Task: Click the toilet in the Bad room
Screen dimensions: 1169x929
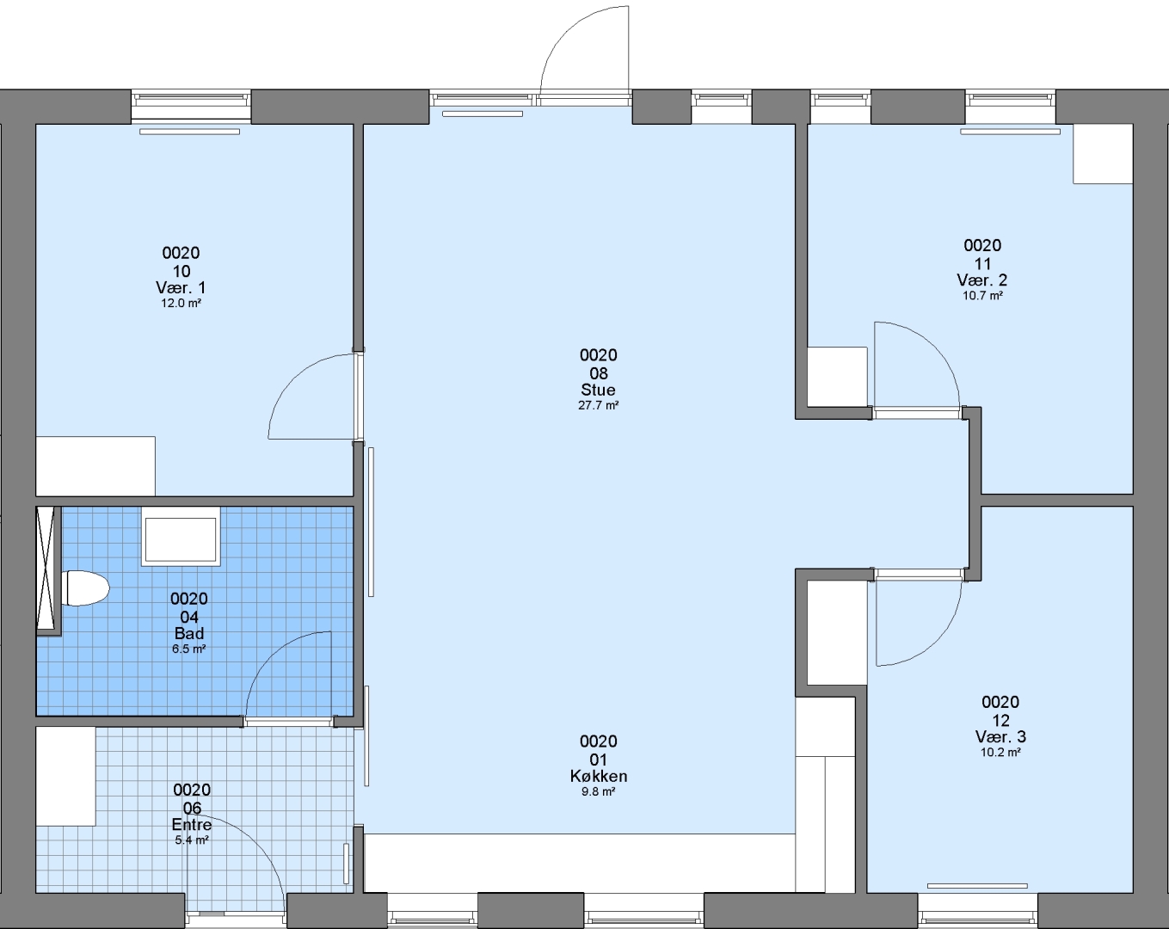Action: (86, 588)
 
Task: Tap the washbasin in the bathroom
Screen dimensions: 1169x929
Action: (181, 537)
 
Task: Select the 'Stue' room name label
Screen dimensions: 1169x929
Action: (598, 390)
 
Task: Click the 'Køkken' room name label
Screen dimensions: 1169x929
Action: (599, 777)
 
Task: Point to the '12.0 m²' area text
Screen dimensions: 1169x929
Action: (181, 303)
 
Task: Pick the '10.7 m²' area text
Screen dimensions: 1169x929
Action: (982, 296)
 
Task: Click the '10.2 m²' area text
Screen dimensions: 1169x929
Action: (1000, 753)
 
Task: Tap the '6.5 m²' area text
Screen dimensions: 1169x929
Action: (189, 649)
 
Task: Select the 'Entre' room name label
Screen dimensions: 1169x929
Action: (192, 825)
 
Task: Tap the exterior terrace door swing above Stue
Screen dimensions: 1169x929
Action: (565, 33)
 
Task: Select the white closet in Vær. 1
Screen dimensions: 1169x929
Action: (95, 466)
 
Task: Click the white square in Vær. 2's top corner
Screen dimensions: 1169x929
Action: (1103, 154)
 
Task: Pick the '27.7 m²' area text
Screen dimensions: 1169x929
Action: (598, 405)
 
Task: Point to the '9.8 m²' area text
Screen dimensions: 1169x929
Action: (598, 791)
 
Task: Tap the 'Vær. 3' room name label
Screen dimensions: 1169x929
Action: (1000, 736)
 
